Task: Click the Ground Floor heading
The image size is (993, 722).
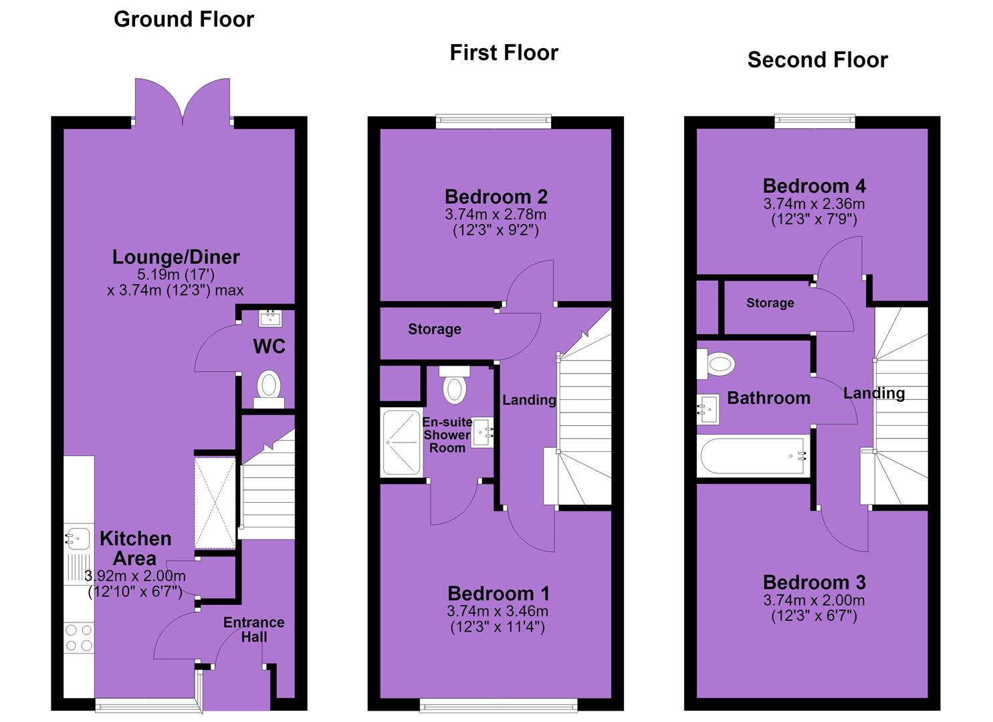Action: tap(184, 20)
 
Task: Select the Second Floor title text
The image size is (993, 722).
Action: tap(817, 60)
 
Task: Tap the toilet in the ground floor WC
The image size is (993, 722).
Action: tap(269, 388)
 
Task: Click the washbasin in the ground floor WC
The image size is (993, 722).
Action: tap(270, 318)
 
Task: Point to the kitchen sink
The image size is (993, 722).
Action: tap(78, 539)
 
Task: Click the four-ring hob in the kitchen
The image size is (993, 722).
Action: tap(79, 638)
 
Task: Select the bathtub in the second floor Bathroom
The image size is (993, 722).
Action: tap(753, 456)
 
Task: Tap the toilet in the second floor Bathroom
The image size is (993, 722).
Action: tap(715, 364)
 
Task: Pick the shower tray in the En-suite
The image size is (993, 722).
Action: tap(401, 442)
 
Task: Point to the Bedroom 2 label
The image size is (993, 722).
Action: tap(496, 197)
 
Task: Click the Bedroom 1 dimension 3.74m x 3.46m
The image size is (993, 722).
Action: tap(498, 611)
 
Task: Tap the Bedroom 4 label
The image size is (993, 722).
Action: tap(814, 186)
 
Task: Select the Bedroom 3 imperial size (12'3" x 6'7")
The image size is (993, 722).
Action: tap(814, 616)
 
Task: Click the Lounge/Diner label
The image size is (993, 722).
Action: tap(176, 257)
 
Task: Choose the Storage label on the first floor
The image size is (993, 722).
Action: tap(435, 329)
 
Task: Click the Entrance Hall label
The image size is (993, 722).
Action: tap(254, 629)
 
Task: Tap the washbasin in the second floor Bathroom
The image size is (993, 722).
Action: tap(708, 409)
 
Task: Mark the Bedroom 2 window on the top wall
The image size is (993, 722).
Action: tap(493, 122)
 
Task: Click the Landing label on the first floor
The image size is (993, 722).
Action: tap(529, 400)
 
